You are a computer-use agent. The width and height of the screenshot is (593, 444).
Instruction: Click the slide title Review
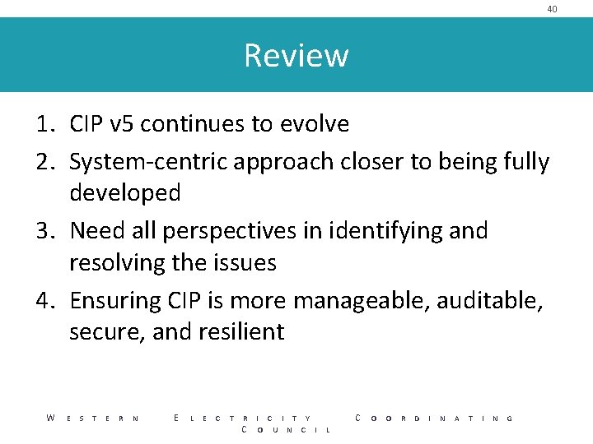[x=296, y=56]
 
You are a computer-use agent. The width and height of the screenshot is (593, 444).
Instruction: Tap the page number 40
[x=552, y=9]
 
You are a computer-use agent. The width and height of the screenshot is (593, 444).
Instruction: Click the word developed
[x=124, y=193]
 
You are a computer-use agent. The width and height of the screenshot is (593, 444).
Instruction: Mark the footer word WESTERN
[x=92, y=419]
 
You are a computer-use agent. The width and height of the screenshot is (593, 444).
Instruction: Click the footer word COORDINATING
[x=434, y=419]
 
